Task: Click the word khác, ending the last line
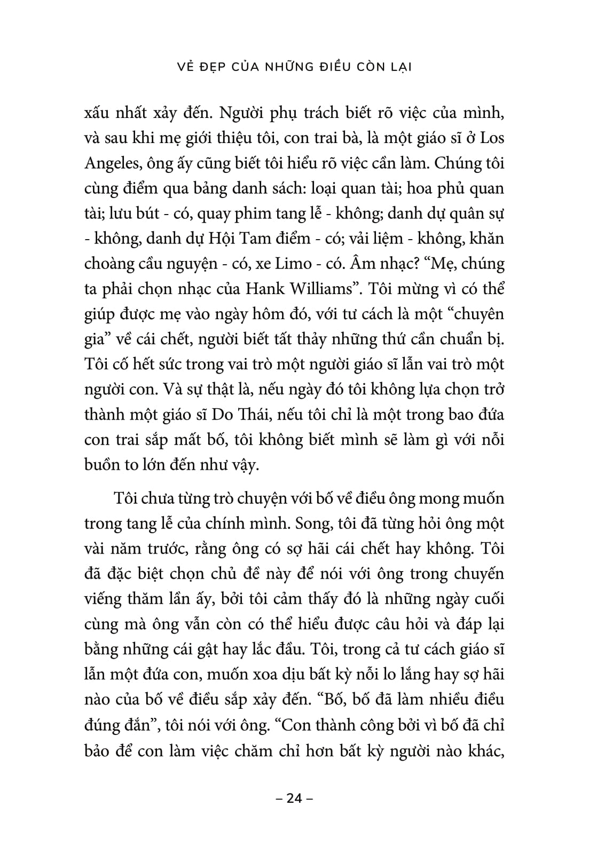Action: coord(482,750)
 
